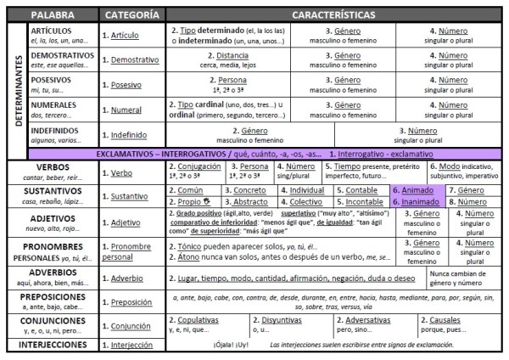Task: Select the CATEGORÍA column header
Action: (x=131, y=15)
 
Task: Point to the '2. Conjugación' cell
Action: (x=195, y=167)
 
